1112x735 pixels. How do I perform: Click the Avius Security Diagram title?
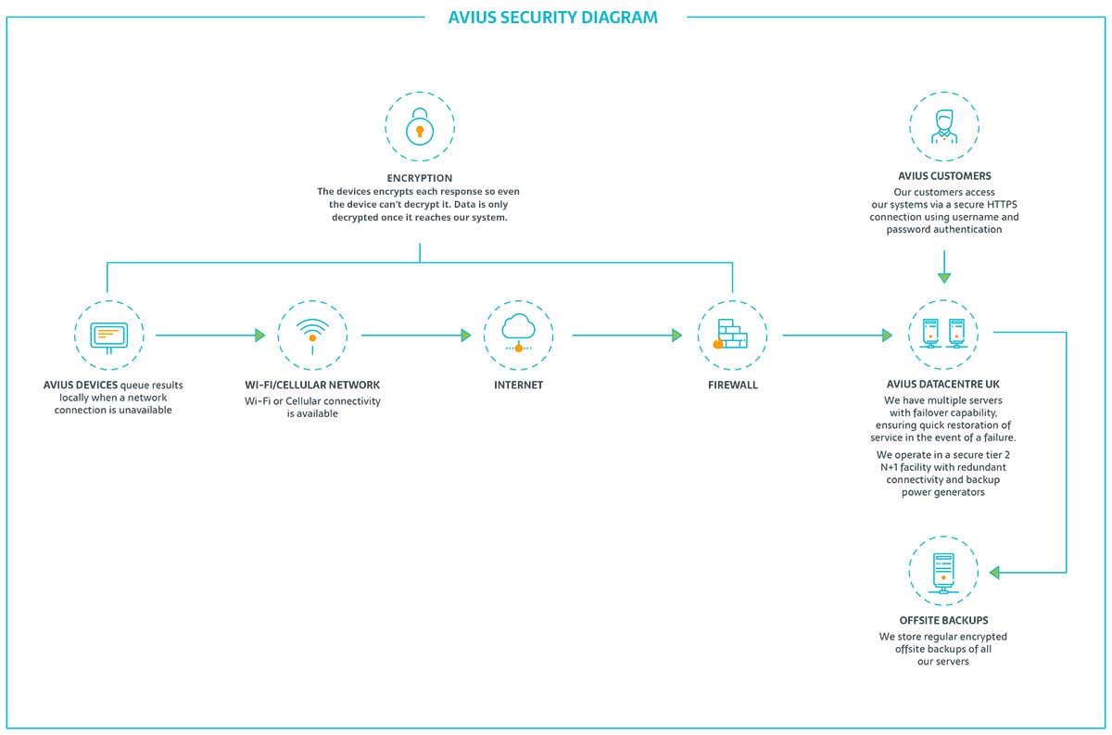click(x=553, y=18)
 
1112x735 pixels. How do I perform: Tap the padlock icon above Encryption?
click(x=420, y=127)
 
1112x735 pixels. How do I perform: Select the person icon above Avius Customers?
click(x=944, y=125)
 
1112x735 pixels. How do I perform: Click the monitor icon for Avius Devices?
click(x=108, y=336)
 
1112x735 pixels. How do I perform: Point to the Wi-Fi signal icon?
click(x=312, y=334)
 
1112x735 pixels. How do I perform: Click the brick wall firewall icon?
click(x=732, y=335)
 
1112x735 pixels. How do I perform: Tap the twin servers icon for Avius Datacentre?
click(x=944, y=335)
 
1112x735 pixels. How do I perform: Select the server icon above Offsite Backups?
click(x=944, y=571)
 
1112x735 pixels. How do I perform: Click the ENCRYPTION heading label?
click(x=420, y=178)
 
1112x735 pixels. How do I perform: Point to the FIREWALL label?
click(x=732, y=385)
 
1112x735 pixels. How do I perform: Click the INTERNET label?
click(x=518, y=385)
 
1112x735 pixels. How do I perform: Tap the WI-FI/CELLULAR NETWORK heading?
click(x=312, y=385)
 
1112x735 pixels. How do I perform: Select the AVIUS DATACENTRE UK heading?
click(x=944, y=385)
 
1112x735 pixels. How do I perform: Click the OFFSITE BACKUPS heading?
click(x=944, y=620)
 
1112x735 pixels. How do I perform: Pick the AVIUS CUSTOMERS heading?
click(x=944, y=175)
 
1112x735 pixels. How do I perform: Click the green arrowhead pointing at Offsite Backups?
click(x=994, y=573)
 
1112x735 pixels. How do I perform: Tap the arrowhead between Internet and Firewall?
click(x=677, y=336)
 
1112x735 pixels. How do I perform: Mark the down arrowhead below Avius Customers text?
click(x=944, y=276)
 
